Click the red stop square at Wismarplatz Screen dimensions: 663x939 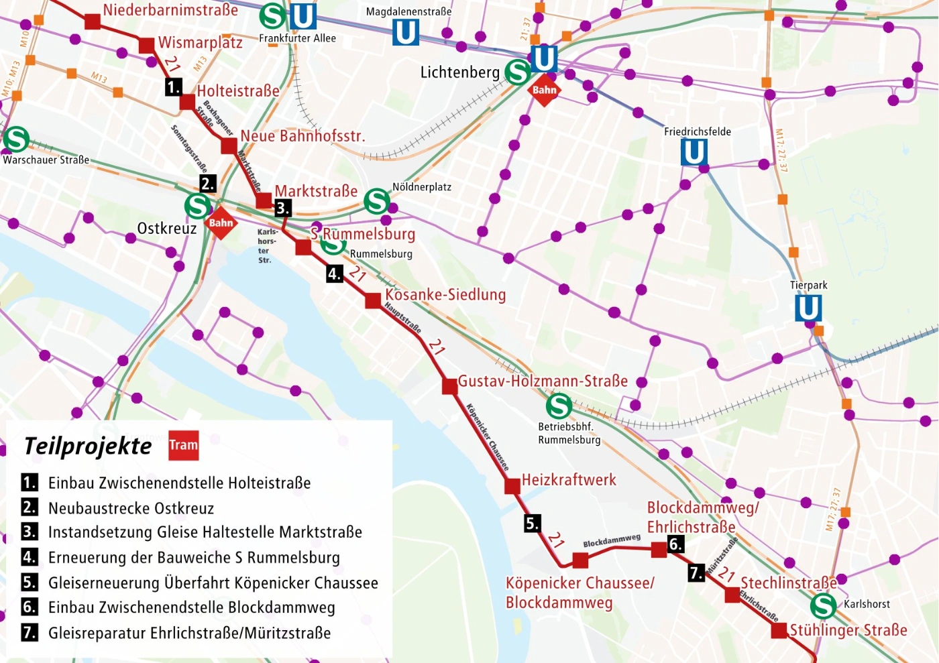(x=146, y=46)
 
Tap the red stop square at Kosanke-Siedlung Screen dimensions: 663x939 (x=373, y=301)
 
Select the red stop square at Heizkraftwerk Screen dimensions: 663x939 (x=512, y=486)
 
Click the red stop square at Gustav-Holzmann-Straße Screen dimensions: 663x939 (x=450, y=386)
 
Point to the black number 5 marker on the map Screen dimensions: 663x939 (x=533, y=524)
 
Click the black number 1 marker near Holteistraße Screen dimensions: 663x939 (x=174, y=87)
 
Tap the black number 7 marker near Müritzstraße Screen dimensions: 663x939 (x=697, y=573)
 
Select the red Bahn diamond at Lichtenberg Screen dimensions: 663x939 (x=544, y=90)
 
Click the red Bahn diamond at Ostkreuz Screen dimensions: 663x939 (x=221, y=223)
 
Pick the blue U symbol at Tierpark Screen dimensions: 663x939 (x=808, y=308)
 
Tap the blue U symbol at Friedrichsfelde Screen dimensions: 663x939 (x=694, y=152)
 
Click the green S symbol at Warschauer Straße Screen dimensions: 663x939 (x=16, y=139)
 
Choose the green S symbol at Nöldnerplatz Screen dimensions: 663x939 (x=377, y=201)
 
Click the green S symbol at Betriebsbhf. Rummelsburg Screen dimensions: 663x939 (x=559, y=406)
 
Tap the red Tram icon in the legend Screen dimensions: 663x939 (x=184, y=445)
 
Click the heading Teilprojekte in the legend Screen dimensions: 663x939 (x=88, y=446)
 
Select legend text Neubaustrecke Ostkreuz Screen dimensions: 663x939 (x=131, y=508)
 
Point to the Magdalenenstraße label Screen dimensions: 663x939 (x=408, y=11)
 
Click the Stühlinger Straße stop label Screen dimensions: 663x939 (x=848, y=630)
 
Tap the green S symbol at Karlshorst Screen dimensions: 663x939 (x=823, y=606)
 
